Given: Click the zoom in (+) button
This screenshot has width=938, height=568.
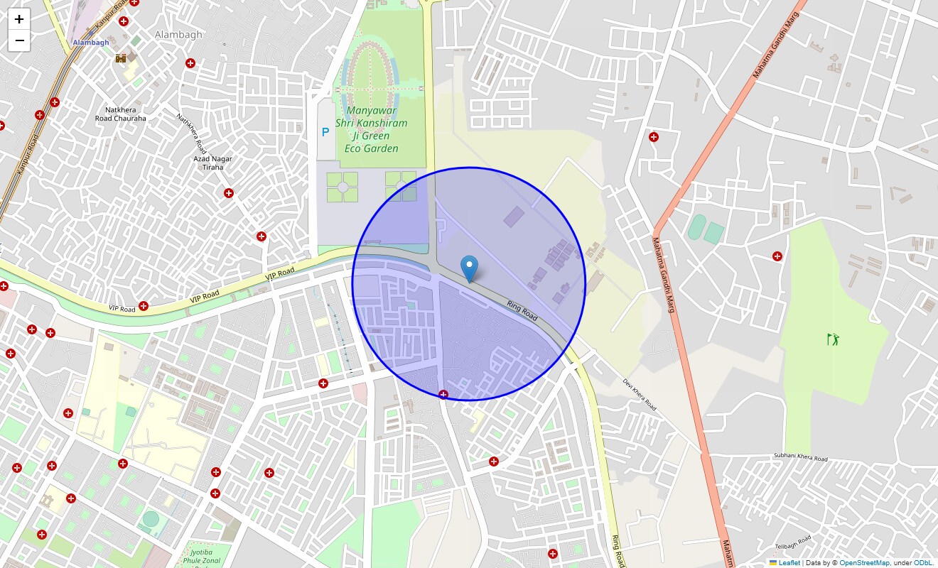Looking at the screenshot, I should [19, 19].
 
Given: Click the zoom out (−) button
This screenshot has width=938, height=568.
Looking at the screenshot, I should [19, 41].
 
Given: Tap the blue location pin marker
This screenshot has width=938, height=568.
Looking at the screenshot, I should [469, 269].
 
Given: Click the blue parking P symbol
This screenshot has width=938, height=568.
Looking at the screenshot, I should [325, 132].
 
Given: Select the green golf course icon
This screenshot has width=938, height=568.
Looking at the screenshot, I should [833, 339].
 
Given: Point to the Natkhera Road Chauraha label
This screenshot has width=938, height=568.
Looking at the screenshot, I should [121, 114].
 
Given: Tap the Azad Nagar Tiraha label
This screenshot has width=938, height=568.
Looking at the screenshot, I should [213, 163].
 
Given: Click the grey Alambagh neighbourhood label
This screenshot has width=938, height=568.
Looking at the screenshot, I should [178, 34].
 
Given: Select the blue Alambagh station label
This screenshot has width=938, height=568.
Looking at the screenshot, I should [91, 43].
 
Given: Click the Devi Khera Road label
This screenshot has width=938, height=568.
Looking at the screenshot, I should [639, 394].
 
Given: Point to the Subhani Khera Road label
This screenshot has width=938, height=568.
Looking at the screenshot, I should [800, 458].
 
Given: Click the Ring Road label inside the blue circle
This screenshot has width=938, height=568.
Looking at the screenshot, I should [522, 310].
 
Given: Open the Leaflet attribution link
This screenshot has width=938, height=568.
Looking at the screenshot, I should [789, 563].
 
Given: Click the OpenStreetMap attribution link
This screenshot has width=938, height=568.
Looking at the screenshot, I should [864, 563].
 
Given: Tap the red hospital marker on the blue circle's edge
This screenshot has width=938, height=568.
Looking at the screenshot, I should [443, 394].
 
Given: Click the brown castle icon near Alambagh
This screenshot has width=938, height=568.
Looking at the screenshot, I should [121, 58].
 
